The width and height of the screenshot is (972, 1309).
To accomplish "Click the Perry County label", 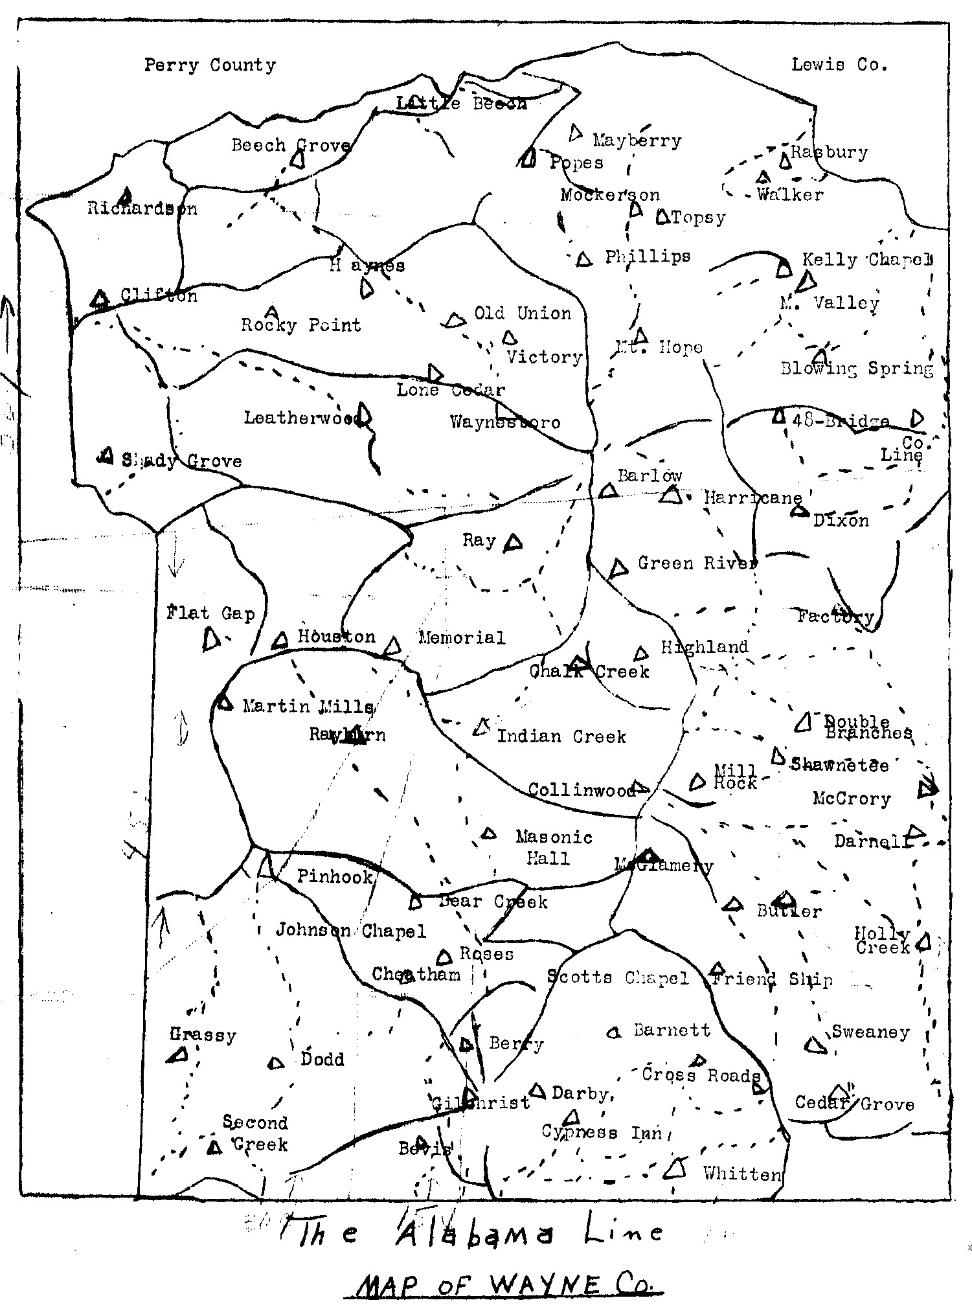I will [210, 65].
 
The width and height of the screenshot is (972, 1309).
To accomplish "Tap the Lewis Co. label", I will [839, 65].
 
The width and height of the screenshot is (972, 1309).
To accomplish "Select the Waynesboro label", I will [505, 423].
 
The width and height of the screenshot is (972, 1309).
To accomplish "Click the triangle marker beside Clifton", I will [100, 299].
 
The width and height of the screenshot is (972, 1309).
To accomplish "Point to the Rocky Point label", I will [300, 324].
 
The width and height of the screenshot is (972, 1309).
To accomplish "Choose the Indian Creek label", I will [561, 736].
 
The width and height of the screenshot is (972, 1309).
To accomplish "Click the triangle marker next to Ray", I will [514, 542].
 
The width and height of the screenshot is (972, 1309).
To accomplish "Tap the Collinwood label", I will [582, 790].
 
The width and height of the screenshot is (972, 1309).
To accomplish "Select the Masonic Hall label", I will [553, 848].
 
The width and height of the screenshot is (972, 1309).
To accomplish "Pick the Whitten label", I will [742, 1174].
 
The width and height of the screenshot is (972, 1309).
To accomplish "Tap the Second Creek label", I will [255, 1133].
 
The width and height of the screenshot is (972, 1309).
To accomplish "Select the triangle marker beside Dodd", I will [277, 1063].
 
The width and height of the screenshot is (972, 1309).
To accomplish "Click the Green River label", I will [697, 563].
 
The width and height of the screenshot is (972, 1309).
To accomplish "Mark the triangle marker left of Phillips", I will [584, 259].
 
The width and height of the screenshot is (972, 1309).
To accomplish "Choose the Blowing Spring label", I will [857, 369].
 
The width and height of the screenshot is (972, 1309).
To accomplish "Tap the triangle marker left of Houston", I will [280, 641].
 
